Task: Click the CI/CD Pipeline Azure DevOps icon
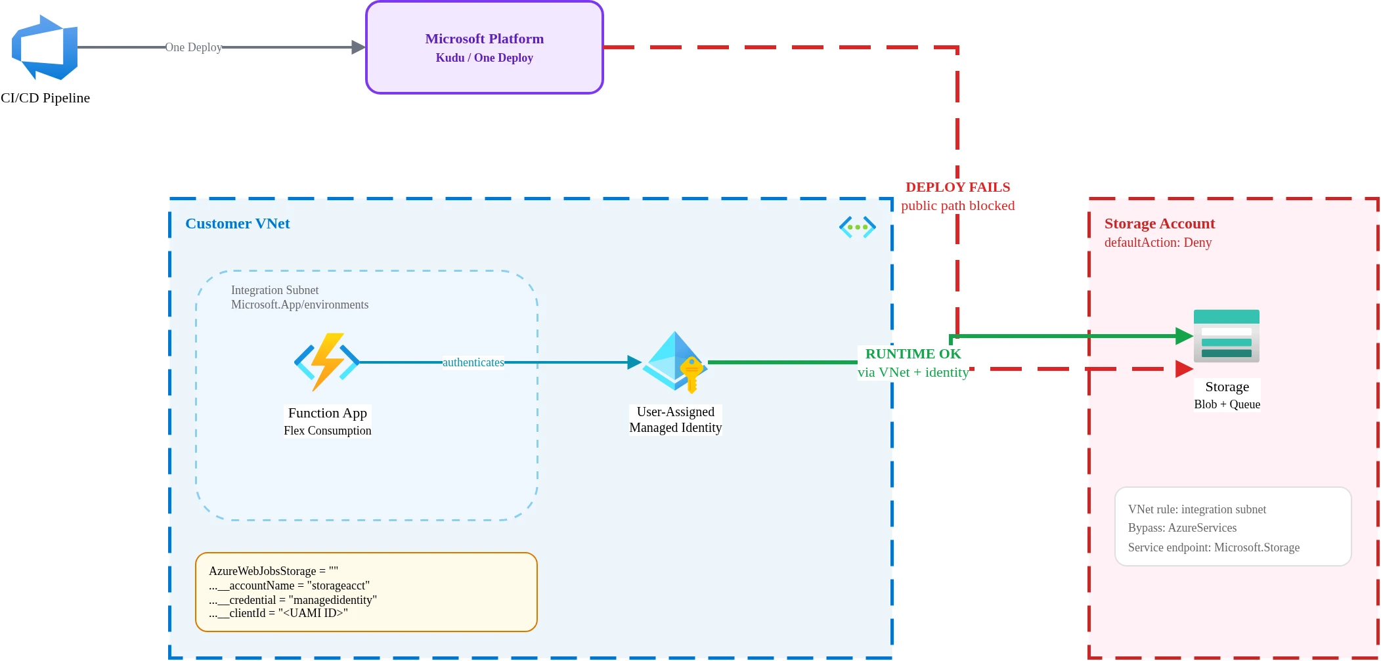pyautogui.click(x=45, y=47)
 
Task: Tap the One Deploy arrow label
pyautogui.click(x=193, y=47)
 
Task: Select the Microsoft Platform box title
pyautogui.click(x=484, y=39)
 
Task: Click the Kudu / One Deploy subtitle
pyautogui.click(x=484, y=58)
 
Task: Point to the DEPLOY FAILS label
pyautogui.click(x=957, y=187)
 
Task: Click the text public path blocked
pyautogui.click(x=957, y=205)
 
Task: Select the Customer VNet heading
pyautogui.click(x=237, y=224)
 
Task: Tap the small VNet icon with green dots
pyautogui.click(x=857, y=227)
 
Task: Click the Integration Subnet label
pyautogui.click(x=274, y=290)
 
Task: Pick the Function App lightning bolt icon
pyautogui.click(x=326, y=362)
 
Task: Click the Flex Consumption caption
pyautogui.click(x=327, y=431)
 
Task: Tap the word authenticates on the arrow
pyautogui.click(x=473, y=362)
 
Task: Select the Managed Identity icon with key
pyautogui.click(x=675, y=362)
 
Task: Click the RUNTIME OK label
pyautogui.click(x=913, y=354)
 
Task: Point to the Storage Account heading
pyautogui.click(x=1159, y=224)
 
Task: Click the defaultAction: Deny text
pyautogui.click(x=1158, y=242)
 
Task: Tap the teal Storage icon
pyautogui.click(x=1226, y=335)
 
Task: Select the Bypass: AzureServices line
pyautogui.click(x=1182, y=528)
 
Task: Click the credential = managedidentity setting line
pyautogui.click(x=293, y=600)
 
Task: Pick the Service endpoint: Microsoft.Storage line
pyautogui.click(x=1214, y=547)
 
